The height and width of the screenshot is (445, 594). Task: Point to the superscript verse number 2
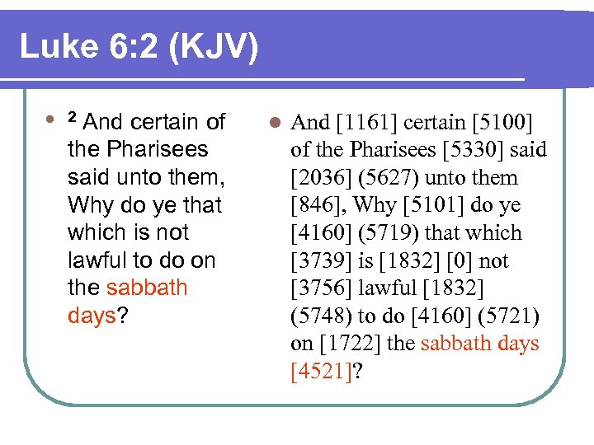click(x=72, y=117)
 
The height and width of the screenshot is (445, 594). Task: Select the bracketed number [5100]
click(x=502, y=123)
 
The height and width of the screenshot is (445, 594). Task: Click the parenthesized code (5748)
click(x=322, y=316)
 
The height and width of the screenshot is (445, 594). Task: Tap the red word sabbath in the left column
click(x=147, y=288)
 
